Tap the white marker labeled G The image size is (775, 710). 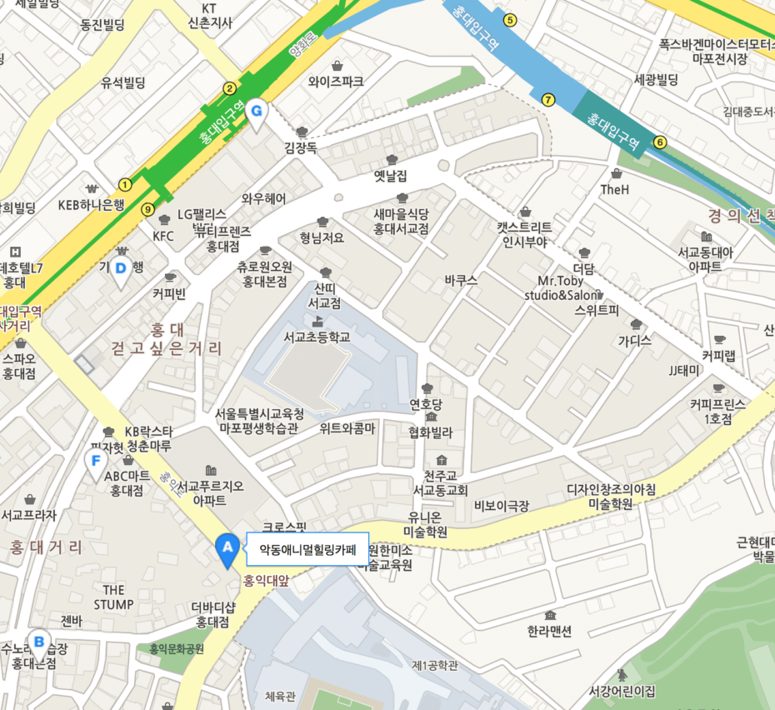point(257,111)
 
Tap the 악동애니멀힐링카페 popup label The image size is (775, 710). point(307,549)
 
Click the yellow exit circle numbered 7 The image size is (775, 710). point(547,100)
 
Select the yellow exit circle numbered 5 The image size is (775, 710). point(511,20)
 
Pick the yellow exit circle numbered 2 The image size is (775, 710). point(229,88)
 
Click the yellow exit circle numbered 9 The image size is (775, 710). point(148,209)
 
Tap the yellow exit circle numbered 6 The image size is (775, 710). point(660,142)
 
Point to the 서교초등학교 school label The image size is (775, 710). point(317,337)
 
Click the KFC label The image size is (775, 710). point(163,236)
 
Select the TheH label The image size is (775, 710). point(615,190)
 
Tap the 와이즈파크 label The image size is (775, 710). point(336,82)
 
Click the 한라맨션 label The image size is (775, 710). point(550,631)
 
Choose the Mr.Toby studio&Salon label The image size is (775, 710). point(562,288)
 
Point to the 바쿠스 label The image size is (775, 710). point(461,281)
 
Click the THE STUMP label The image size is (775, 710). point(113,597)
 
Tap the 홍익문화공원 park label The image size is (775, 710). point(177,648)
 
